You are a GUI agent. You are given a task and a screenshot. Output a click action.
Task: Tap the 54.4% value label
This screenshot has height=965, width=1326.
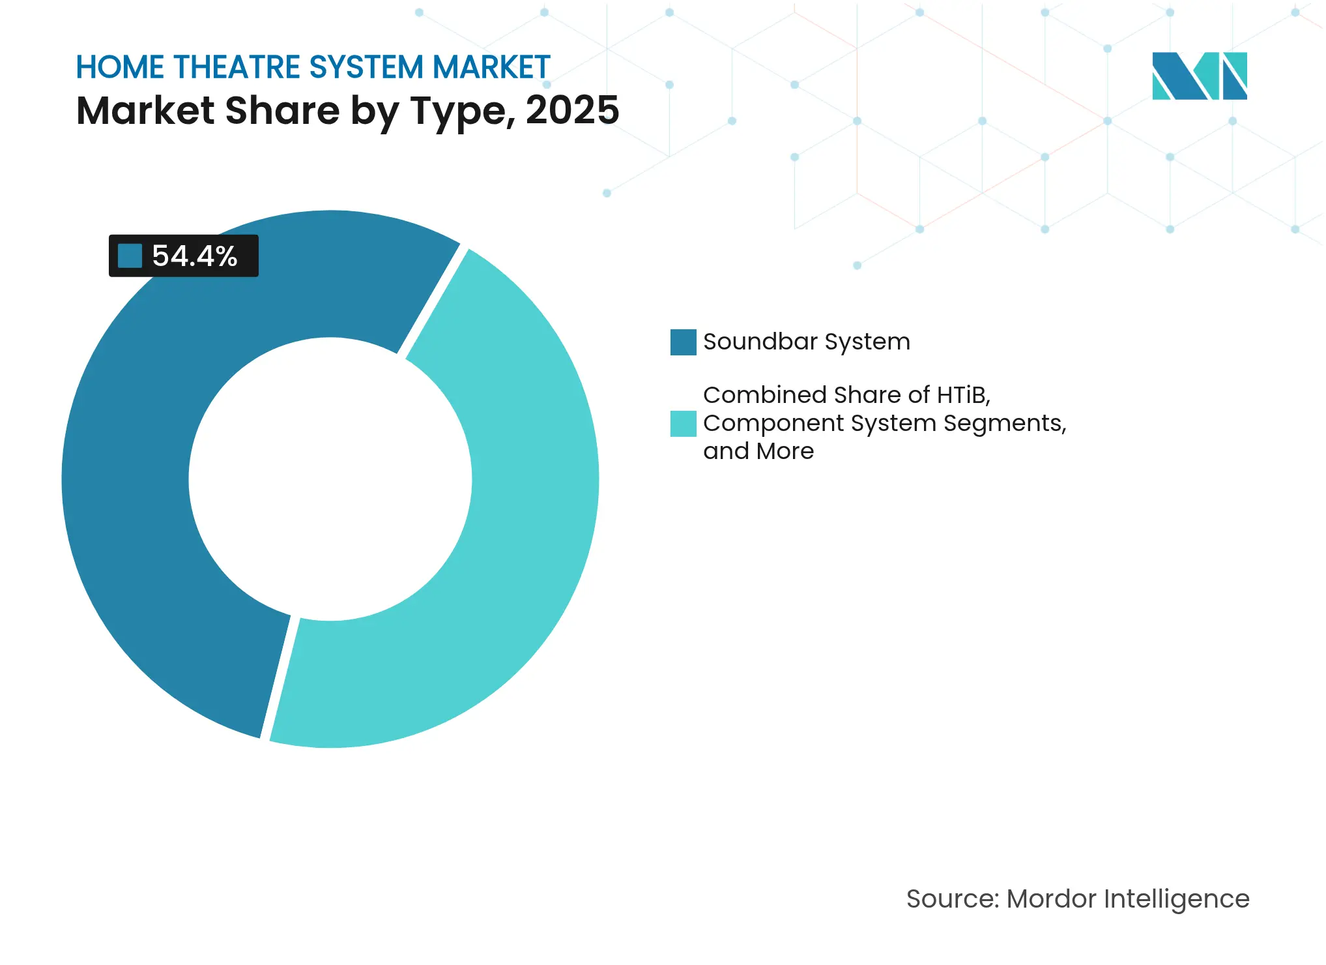coord(194,256)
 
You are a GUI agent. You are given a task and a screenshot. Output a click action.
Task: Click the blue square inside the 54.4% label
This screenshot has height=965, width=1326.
coord(130,256)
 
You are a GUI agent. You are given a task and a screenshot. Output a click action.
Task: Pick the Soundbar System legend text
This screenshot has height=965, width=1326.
coord(806,342)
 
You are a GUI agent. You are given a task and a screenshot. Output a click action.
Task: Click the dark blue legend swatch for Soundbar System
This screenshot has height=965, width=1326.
coord(683,342)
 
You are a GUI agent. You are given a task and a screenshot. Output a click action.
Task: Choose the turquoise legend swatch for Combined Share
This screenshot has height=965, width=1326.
coord(683,423)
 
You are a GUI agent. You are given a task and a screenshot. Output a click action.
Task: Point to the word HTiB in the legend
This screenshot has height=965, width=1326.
coord(963,395)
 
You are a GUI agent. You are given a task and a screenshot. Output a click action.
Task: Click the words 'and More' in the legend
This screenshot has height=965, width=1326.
coord(758,451)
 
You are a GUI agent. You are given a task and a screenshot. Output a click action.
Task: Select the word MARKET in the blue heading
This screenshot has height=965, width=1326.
coord(491,67)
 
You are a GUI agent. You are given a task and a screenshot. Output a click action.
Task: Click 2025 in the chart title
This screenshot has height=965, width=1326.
coord(572,110)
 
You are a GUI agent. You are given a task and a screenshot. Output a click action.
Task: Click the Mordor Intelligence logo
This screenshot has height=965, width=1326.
coord(1199,76)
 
